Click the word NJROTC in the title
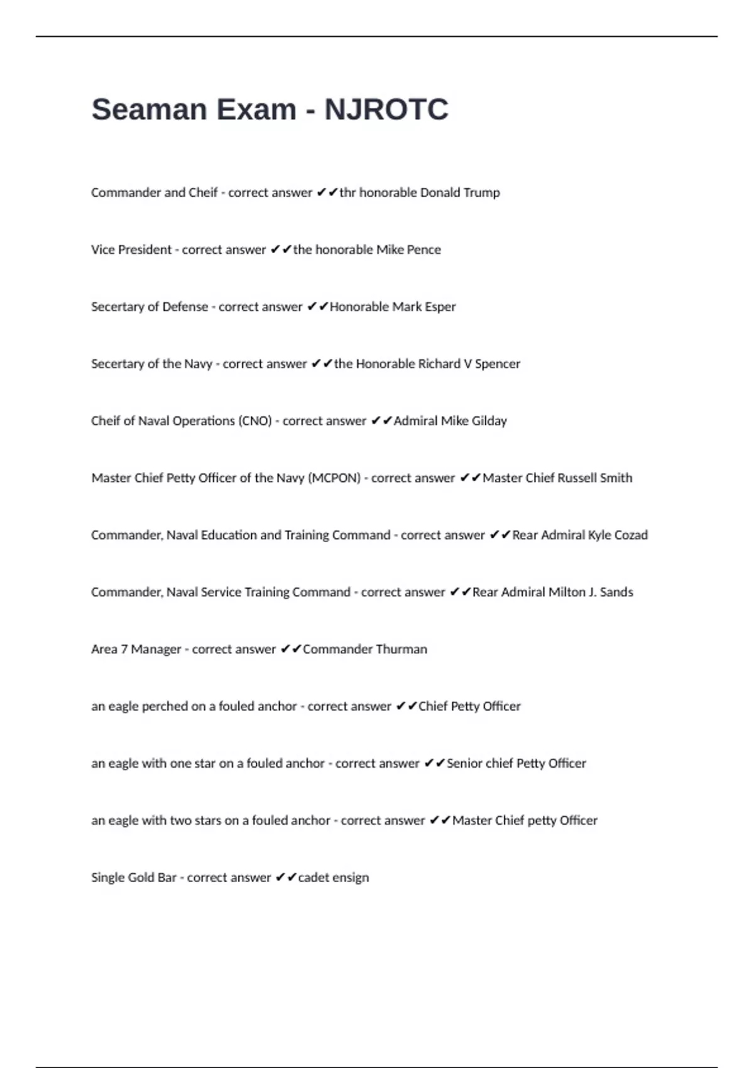coord(386,109)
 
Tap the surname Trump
coord(481,192)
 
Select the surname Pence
coord(423,249)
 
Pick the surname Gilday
coord(489,421)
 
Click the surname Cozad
coord(630,535)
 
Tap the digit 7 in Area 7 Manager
coord(124,649)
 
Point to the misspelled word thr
coord(347,192)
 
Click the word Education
coord(229,535)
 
